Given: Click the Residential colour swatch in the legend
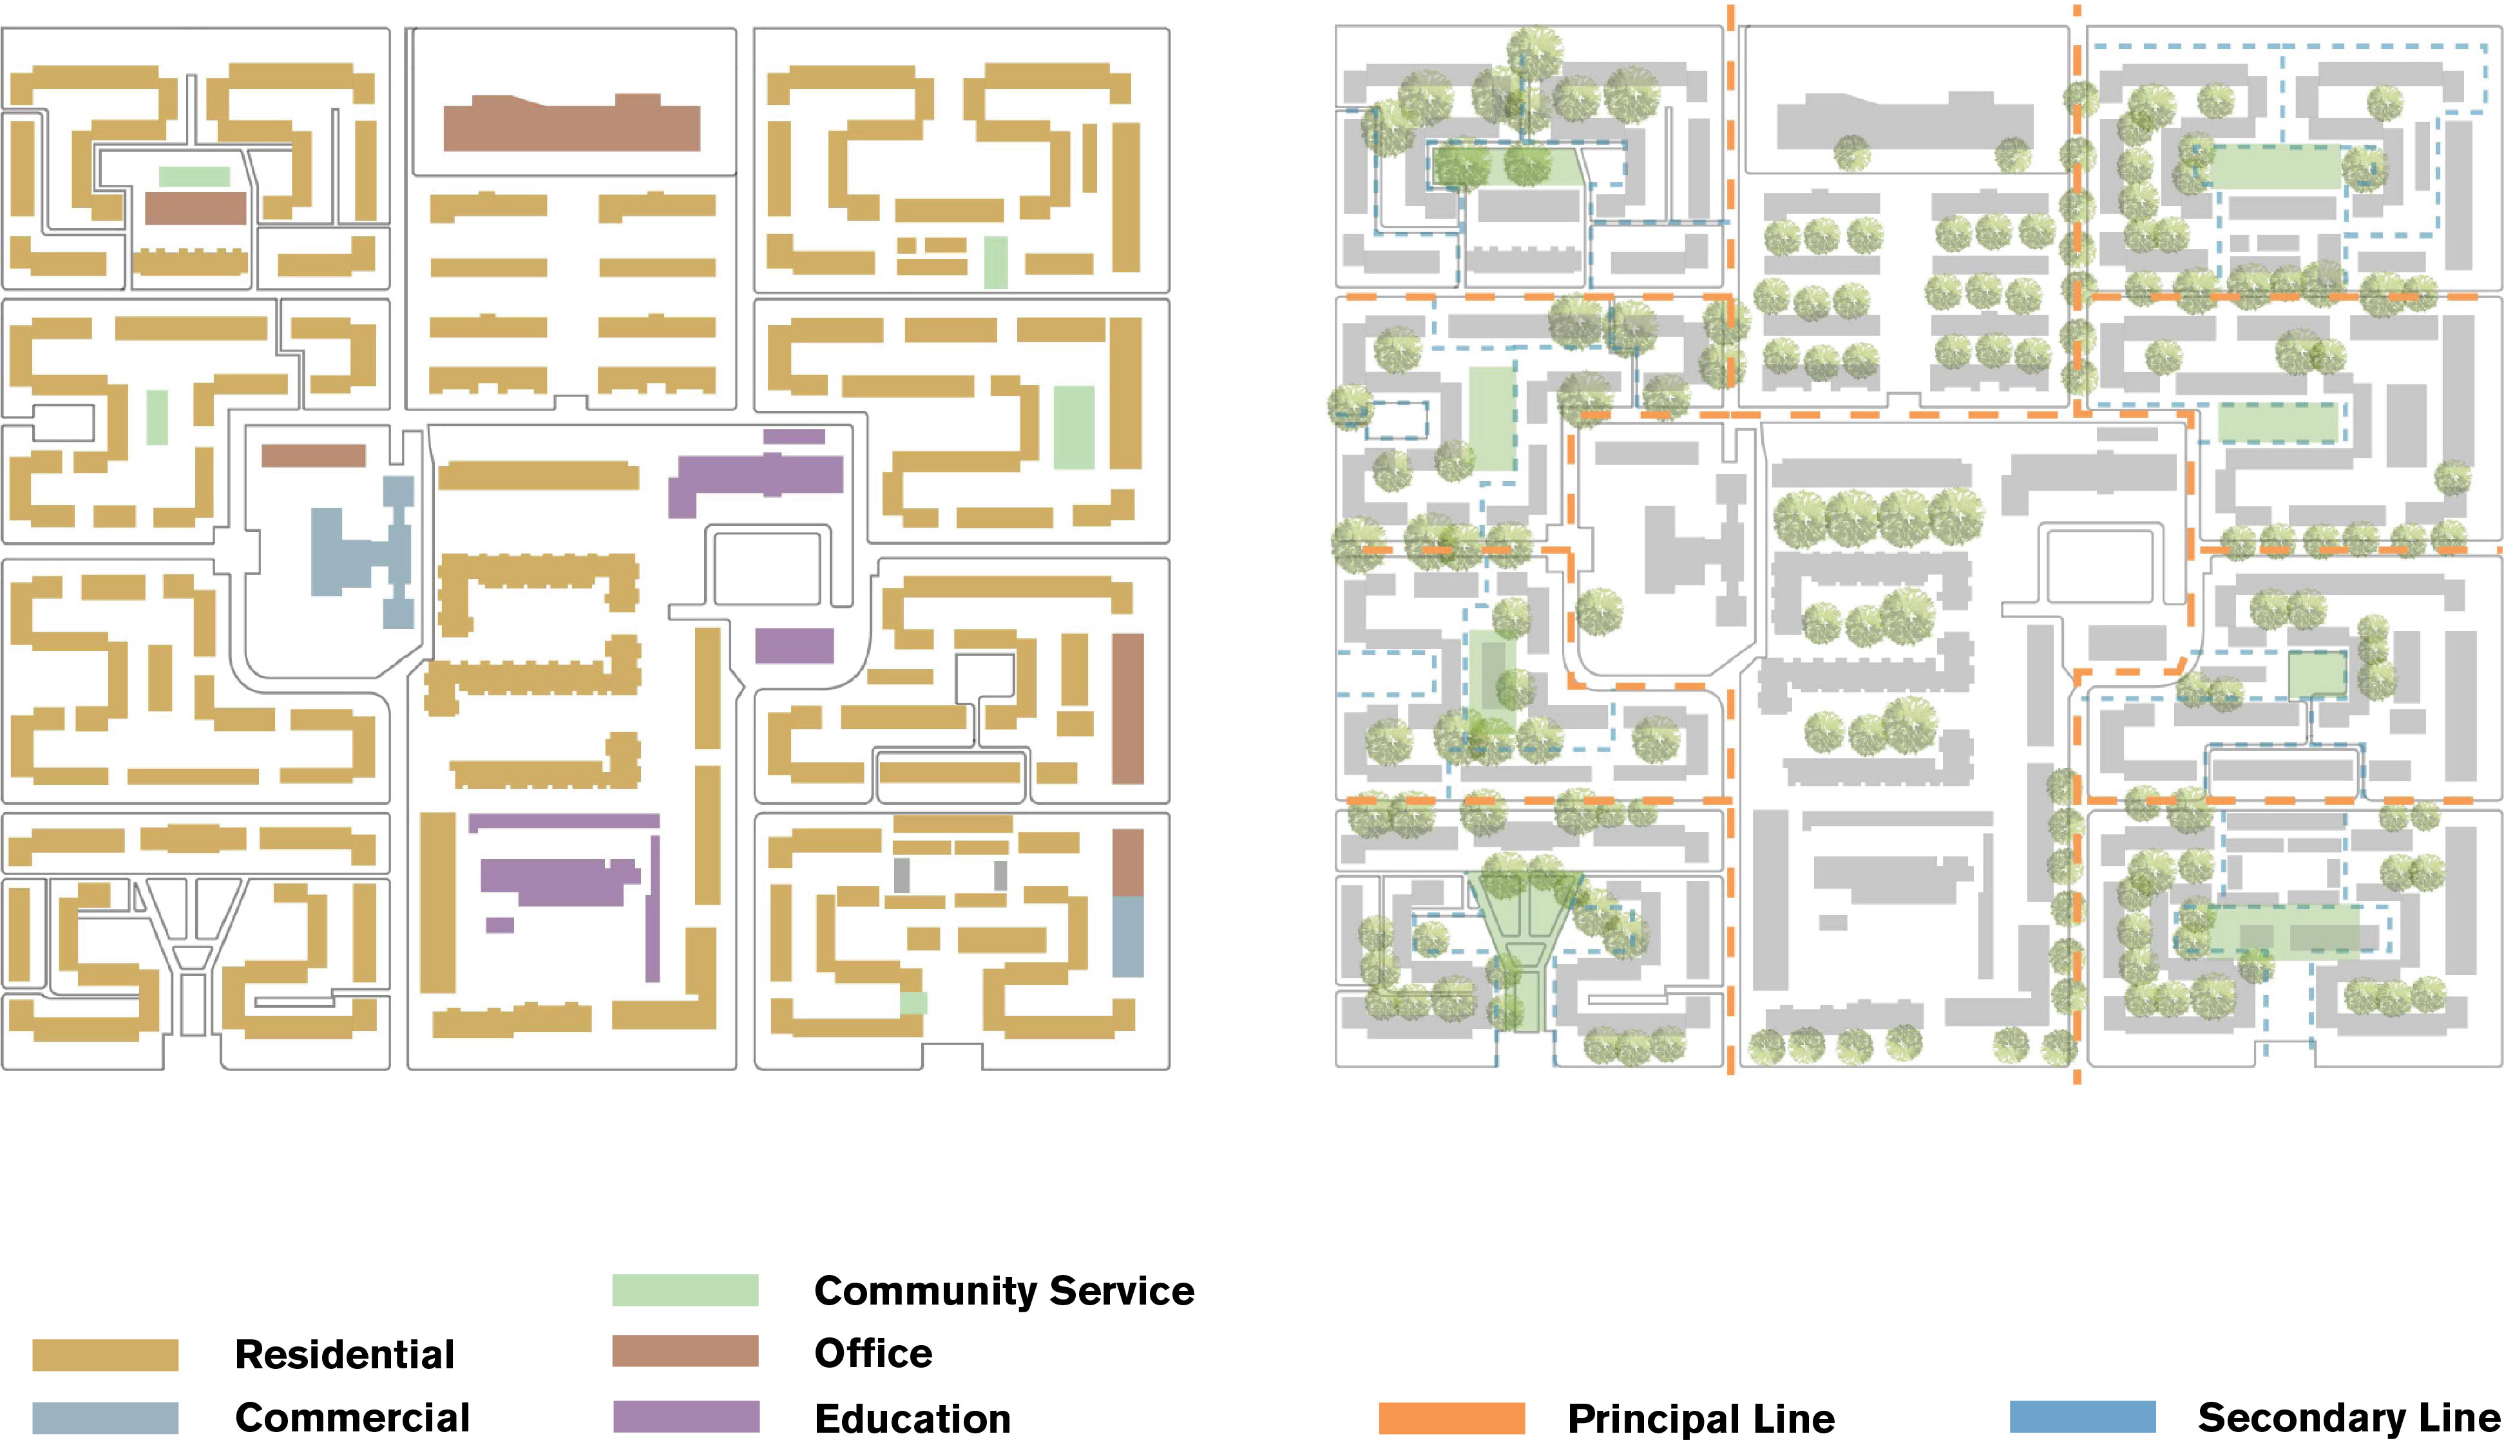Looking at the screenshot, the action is point(105,1355).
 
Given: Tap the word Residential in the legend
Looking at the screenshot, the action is point(344,1355).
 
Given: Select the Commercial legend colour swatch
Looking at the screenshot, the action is point(105,1417).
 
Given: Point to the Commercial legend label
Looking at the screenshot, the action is point(352,1417).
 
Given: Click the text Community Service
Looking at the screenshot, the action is point(1003,1290).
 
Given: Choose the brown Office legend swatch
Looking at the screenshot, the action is point(685,1352).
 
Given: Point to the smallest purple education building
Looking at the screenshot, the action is point(500,925).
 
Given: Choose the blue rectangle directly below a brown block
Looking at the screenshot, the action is point(1127,936).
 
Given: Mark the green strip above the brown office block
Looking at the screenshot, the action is point(195,176).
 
